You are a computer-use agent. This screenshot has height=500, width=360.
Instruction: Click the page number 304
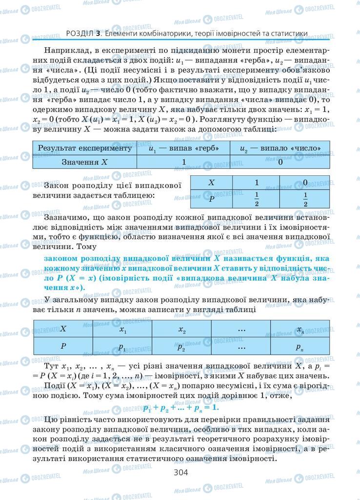(x=180, y=472)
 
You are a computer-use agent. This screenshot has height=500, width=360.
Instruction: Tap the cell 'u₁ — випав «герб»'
(x=184, y=148)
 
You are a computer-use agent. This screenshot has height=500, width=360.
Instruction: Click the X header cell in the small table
(x=211, y=182)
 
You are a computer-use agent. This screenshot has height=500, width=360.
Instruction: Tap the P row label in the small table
(x=211, y=199)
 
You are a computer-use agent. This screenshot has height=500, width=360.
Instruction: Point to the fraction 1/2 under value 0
(x=305, y=199)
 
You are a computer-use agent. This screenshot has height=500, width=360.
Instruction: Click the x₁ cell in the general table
(x=122, y=329)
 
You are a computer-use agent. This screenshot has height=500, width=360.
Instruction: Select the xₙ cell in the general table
(x=300, y=329)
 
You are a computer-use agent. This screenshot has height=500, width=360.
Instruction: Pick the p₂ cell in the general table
(x=181, y=347)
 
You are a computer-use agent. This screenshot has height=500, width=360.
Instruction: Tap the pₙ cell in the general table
(x=300, y=347)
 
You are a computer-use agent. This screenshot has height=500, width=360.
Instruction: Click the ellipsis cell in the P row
(x=241, y=347)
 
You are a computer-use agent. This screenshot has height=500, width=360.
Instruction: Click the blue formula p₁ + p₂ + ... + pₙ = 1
(x=180, y=407)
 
